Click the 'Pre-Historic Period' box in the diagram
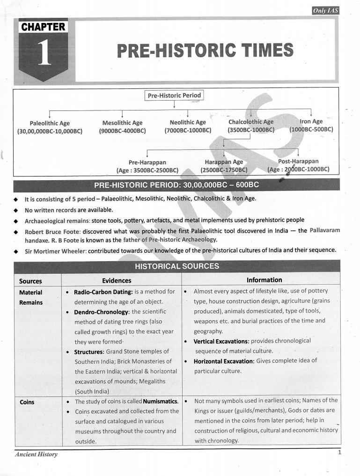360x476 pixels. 174,95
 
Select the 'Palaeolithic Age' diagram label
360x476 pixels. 50,123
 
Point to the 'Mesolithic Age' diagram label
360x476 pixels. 122,123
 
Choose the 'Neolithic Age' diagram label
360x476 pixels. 188,123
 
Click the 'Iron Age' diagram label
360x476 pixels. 311,122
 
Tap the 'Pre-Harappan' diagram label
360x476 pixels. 147,162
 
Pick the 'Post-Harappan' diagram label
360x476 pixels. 298,161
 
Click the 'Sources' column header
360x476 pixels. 30,281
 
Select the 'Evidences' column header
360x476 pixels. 117,280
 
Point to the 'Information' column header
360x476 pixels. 264,280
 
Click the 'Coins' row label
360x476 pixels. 27,402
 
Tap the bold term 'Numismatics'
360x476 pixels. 161,402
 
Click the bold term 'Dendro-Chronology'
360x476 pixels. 101,312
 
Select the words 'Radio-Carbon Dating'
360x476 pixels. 103,292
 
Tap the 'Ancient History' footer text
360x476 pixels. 36,454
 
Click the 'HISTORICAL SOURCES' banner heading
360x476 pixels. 177,266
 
